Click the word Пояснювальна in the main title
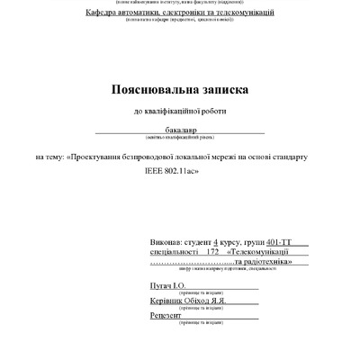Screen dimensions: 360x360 pyautogui.click(x=154, y=91)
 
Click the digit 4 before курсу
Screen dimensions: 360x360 pyautogui.click(x=217, y=243)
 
